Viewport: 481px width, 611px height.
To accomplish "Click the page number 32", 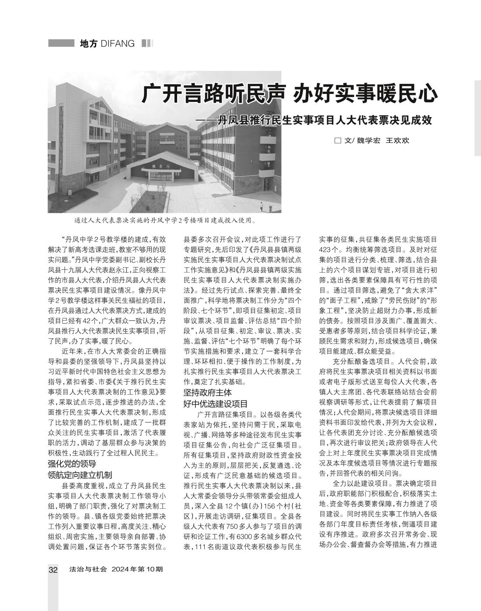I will [53, 570].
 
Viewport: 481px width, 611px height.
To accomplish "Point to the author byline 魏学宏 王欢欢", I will [383, 141].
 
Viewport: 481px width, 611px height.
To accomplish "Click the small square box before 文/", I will [337, 141].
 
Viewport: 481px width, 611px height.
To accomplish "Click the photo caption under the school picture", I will [165, 220].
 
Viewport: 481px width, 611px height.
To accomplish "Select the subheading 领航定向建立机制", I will [80, 475].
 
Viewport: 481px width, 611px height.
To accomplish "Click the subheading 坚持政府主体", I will [207, 392].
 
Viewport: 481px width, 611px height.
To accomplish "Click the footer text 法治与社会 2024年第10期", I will [116, 570].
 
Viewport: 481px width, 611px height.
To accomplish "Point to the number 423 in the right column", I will [326, 250].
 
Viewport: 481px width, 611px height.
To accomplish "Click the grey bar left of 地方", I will [61, 43].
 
